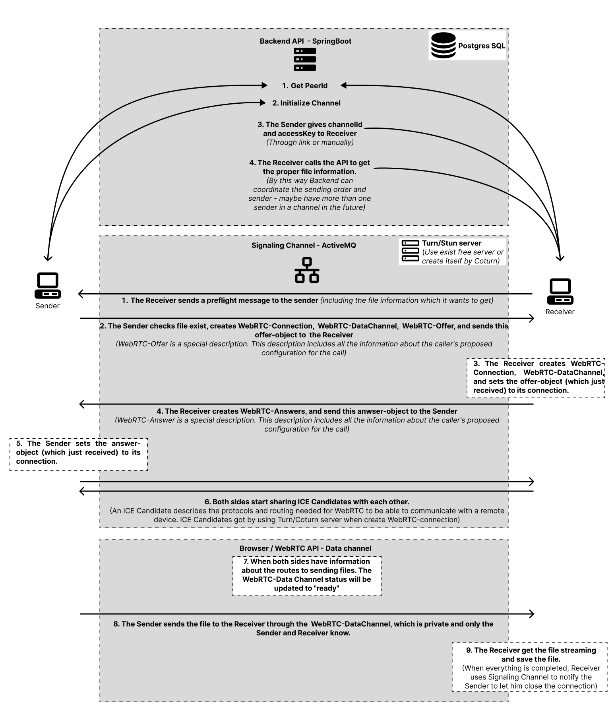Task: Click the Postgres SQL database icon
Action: click(x=444, y=46)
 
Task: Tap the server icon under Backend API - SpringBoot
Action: click(x=305, y=59)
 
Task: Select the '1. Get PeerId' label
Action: click(x=305, y=85)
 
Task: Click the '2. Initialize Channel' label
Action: click(x=306, y=103)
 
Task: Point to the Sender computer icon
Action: click(x=48, y=285)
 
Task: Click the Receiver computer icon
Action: click(x=560, y=291)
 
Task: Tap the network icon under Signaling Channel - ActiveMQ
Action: click(x=307, y=270)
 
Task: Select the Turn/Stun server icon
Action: click(x=410, y=251)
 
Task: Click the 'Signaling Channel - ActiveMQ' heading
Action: click(x=304, y=245)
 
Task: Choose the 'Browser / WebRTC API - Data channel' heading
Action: click(x=305, y=548)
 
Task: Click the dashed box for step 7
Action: click(x=307, y=576)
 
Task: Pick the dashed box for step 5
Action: click(x=79, y=455)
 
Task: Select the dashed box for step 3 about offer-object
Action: click(x=536, y=378)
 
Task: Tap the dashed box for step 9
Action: click(x=530, y=667)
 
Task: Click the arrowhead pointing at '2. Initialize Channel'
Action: click(x=263, y=103)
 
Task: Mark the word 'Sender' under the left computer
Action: click(x=48, y=306)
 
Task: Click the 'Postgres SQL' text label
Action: click(x=482, y=46)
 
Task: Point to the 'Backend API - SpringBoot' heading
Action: click(x=306, y=41)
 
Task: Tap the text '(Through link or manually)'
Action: click(x=310, y=142)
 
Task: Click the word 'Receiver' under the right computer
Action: click(x=560, y=312)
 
